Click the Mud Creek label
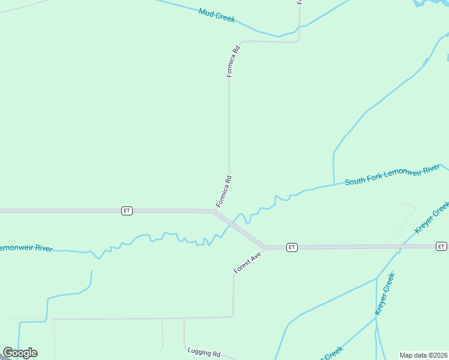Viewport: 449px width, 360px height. click(217, 14)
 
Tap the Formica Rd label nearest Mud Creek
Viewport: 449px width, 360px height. click(233, 61)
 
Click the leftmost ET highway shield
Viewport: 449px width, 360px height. click(127, 211)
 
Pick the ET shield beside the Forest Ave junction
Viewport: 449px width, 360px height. click(291, 247)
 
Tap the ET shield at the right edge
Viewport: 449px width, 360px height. click(441, 247)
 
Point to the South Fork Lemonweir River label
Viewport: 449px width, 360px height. click(393, 175)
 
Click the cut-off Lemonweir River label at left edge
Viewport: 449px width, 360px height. click(26, 248)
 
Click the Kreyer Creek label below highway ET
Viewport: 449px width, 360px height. click(385, 293)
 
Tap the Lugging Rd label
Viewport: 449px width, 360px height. click(204, 353)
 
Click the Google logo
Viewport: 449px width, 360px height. click(20, 353)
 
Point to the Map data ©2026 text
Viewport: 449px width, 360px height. click(423, 355)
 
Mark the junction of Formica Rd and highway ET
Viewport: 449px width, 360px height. click(215, 211)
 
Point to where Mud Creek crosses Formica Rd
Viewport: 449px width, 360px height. click(299, 27)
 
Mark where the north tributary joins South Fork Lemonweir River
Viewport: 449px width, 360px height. click(334, 184)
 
